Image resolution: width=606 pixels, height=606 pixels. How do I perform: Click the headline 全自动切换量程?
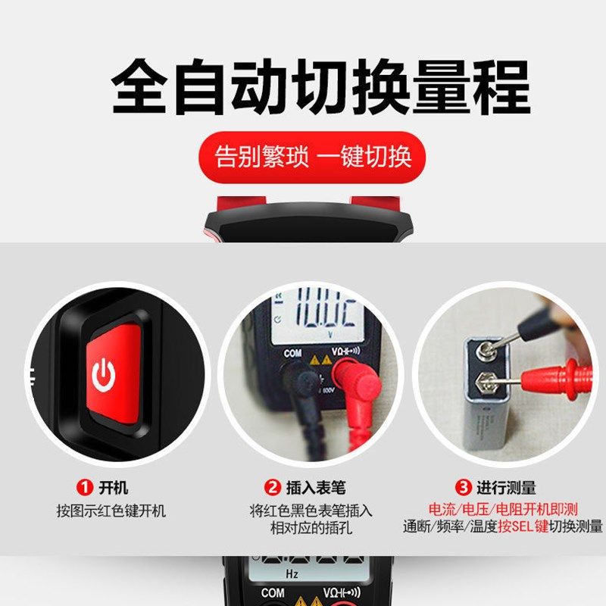(x=321, y=88)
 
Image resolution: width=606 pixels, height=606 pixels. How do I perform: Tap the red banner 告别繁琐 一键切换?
(x=311, y=157)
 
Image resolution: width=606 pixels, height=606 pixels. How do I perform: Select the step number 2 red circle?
(x=272, y=488)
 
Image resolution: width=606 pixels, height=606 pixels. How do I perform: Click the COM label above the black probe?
(x=292, y=353)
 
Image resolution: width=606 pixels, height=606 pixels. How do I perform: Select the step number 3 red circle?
(x=463, y=488)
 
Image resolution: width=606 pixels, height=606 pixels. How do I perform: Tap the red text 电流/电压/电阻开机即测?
(x=503, y=510)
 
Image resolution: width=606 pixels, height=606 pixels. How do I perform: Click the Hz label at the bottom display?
(x=292, y=574)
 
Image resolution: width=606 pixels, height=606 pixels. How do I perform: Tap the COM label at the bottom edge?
(x=273, y=593)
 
